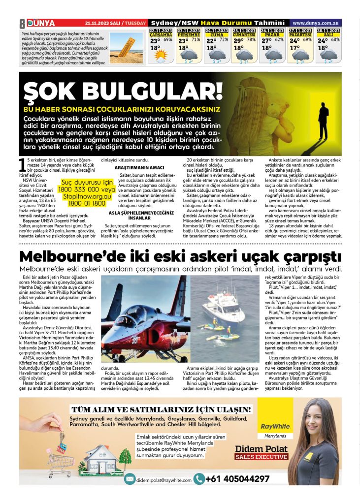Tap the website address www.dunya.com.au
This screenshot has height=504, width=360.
315,23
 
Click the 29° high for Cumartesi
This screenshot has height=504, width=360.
239,41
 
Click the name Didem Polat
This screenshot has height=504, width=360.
258,448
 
